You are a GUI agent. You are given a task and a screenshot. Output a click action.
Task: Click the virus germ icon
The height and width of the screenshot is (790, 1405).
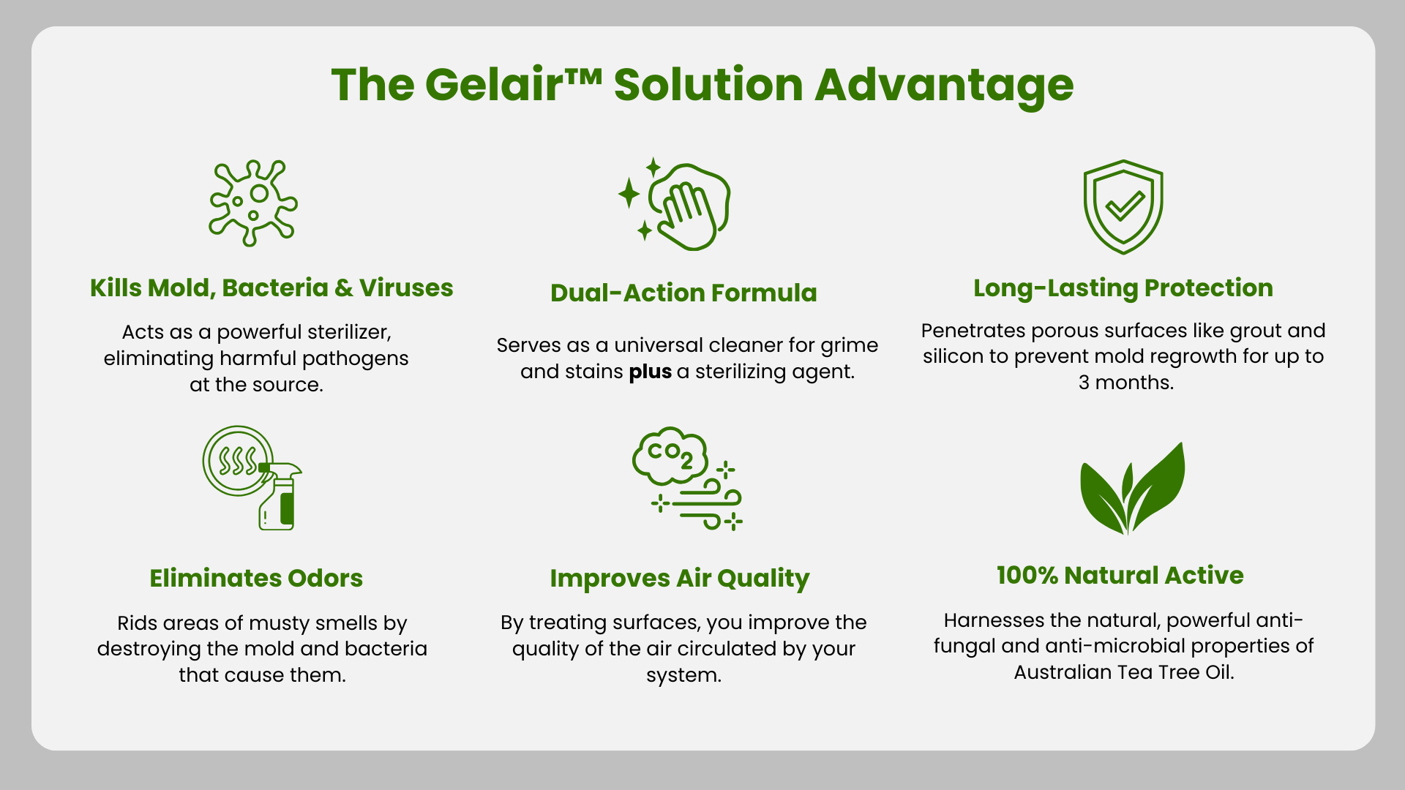coord(253,203)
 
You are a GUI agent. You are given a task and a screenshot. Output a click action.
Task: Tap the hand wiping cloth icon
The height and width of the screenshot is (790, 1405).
coord(674,204)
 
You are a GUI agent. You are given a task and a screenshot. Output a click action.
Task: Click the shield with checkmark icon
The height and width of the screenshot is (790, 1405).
coord(1123,207)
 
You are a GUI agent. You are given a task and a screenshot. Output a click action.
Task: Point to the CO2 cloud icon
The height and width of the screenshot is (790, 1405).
coord(687,478)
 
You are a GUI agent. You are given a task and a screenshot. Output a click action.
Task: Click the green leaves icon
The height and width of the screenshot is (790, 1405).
coord(1132,488)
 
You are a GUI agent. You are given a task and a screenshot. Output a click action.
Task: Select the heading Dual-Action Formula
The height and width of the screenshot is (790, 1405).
coord(683,293)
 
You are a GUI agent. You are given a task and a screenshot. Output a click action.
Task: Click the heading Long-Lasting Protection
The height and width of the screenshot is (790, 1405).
coord(1123,288)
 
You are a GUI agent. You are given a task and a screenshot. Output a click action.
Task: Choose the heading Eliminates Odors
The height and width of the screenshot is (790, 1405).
coord(256,578)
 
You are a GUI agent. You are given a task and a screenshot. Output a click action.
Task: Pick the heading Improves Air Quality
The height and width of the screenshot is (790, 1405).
coord(680,579)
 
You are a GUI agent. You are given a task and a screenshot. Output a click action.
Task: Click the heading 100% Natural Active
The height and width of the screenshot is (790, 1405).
coord(1120,575)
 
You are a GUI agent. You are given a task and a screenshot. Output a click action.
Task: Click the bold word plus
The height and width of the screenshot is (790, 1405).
coord(650,372)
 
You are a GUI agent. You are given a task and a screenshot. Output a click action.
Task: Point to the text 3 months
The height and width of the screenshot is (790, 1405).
coord(1126,383)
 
